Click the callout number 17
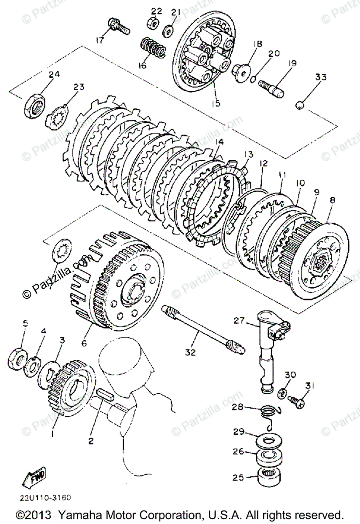[100, 41]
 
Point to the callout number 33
[321, 77]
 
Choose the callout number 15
[216, 103]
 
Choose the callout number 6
[84, 343]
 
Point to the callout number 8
[333, 201]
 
